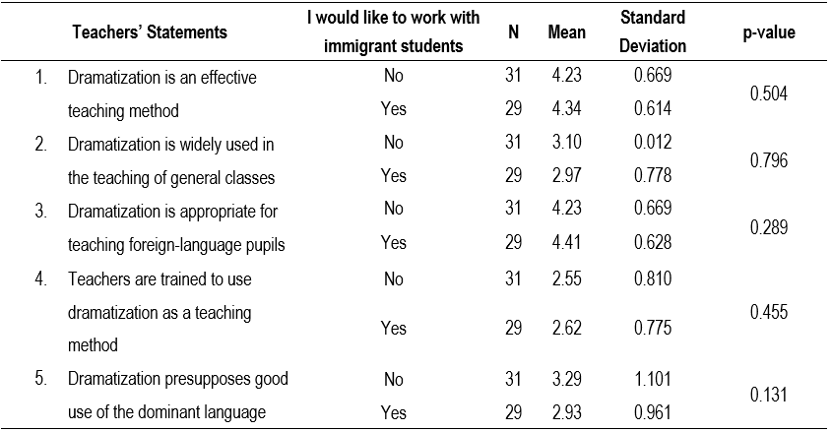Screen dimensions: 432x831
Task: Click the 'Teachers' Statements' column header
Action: click(x=150, y=32)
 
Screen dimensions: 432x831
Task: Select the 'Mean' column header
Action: click(x=566, y=32)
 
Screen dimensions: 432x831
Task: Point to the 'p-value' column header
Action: click(x=769, y=32)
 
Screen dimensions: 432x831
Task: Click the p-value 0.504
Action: click(x=769, y=93)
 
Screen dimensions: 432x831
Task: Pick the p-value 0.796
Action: click(x=769, y=160)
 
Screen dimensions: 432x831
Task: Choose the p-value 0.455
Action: click(x=769, y=312)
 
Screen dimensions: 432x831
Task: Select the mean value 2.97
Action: click(x=566, y=177)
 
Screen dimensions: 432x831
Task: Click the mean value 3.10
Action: click(x=566, y=143)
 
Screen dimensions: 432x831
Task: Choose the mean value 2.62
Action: click(x=566, y=328)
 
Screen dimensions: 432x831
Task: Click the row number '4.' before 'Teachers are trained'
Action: click(x=41, y=278)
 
